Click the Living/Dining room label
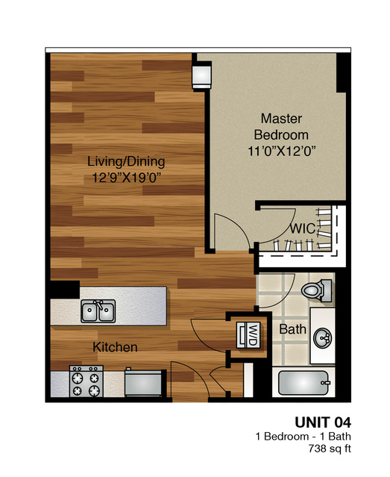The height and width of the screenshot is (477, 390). [x=126, y=161]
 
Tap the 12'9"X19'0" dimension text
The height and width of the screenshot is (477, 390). [x=126, y=178]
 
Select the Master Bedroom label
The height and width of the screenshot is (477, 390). [x=281, y=127]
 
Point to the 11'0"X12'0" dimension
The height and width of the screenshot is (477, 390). [x=282, y=151]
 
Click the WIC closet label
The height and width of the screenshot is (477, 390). [x=303, y=228]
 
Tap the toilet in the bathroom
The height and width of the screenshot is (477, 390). [x=317, y=290]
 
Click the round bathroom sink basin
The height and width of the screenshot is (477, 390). [x=323, y=337]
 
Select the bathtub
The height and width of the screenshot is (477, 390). [x=303, y=383]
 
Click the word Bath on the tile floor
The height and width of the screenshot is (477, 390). [x=292, y=329]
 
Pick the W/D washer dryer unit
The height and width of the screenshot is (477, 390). [x=248, y=334]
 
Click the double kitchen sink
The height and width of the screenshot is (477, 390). [x=98, y=311]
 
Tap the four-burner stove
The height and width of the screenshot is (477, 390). [x=87, y=381]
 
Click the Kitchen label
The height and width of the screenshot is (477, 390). [x=115, y=347]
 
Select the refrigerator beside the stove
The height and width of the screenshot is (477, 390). [x=143, y=383]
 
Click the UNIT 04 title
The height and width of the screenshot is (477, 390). [x=323, y=423]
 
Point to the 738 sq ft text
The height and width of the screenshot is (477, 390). [x=330, y=449]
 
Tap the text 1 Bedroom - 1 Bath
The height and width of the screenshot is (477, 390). [x=303, y=437]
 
